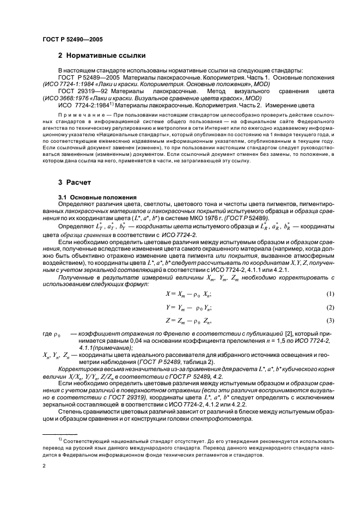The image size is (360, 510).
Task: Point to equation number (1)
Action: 330,294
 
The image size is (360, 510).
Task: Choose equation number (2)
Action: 330,307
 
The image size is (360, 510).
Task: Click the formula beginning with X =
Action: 189,294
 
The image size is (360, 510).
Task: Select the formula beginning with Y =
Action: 189,307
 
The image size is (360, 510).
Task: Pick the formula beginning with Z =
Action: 189,320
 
